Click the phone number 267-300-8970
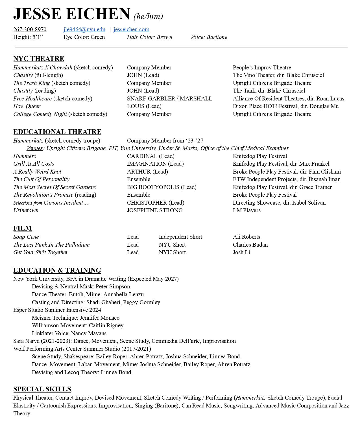pyautogui.click(x=30, y=29)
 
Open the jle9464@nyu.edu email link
pyautogui.click(x=84, y=29)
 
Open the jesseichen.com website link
pyautogui.click(x=131, y=29)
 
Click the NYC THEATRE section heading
pyautogui.click(x=39, y=59)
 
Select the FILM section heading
pyautogui.click(x=23, y=228)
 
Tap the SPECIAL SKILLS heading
pyautogui.click(x=42, y=389)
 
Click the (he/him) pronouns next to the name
pyautogui.click(x=148, y=16)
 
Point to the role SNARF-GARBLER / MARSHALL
pyautogui.click(x=169, y=98)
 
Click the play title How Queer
pyautogui.click(x=27, y=106)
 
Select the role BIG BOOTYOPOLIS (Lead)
pyautogui.click(x=162, y=187)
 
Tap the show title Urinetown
pyautogui.click(x=26, y=210)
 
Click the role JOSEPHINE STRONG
pyautogui.click(x=155, y=210)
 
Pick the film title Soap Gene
pyautogui.click(x=26, y=237)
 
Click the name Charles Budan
pyautogui.click(x=250, y=245)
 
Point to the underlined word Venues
pyautogui.click(x=34, y=148)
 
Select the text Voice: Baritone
pyautogui.click(x=209, y=37)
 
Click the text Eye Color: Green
pyautogui.click(x=84, y=37)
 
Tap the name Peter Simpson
pyautogui.click(x=113, y=286)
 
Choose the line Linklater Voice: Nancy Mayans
pyautogui.click(x=69, y=333)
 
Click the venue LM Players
pyautogui.click(x=246, y=210)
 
